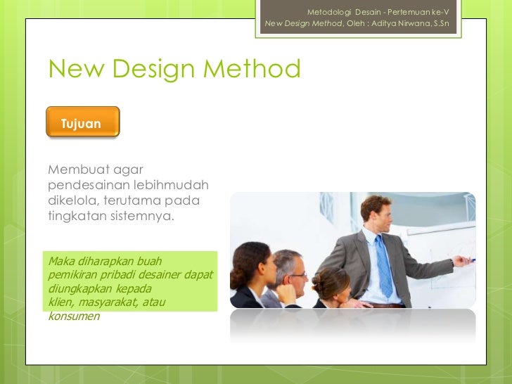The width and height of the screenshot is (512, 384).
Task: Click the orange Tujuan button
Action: coord(82,122)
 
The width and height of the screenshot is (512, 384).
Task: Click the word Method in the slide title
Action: coord(252,69)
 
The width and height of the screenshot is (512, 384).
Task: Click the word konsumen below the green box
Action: coord(74,316)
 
